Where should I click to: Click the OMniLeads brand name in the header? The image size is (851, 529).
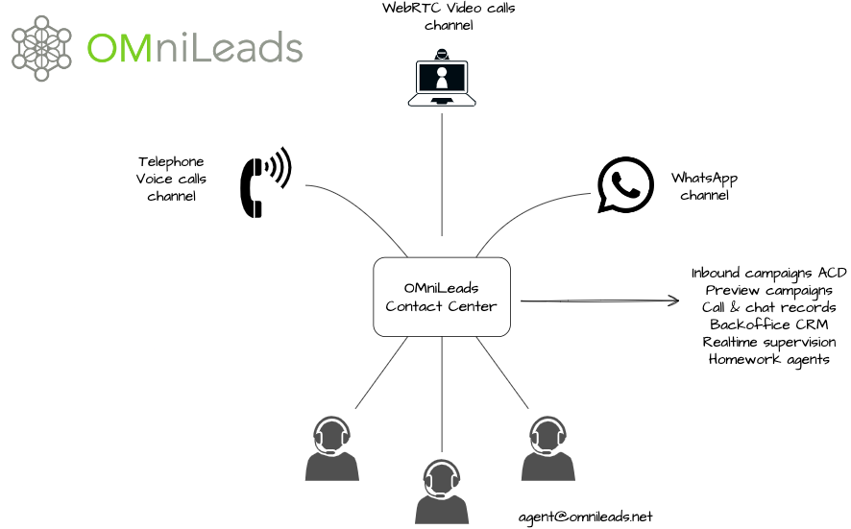(194, 47)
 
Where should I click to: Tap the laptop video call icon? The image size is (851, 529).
(442, 82)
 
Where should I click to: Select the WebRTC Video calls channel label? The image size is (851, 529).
(449, 17)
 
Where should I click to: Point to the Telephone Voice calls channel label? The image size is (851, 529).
(171, 179)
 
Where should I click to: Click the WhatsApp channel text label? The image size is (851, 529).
(704, 186)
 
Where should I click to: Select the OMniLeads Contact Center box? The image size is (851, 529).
(441, 297)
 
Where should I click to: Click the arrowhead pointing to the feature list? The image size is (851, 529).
(672, 301)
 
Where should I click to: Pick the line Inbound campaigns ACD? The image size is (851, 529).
(768, 273)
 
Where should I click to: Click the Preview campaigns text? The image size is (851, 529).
(768, 290)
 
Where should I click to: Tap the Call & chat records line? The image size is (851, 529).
(768, 307)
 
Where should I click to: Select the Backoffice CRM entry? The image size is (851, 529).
(768, 325)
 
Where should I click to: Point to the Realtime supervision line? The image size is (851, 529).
(768, 342)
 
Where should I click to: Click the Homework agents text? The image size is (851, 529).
(768, 359)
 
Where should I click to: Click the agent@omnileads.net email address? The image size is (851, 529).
(585, 517)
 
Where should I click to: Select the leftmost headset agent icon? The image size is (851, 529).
(332, 448)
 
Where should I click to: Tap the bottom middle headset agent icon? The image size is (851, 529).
(442, 491)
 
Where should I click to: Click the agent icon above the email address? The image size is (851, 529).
(547, 448)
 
